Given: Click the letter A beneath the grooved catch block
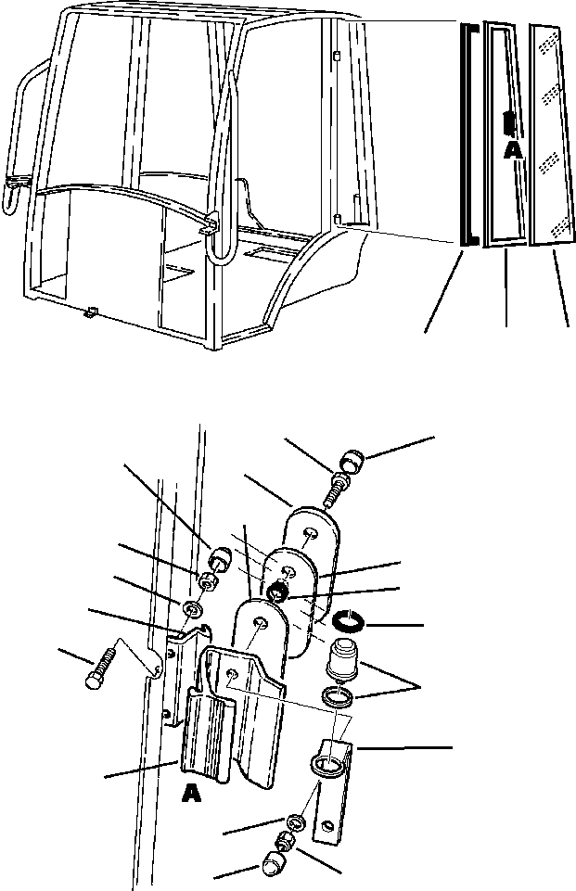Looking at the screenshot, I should (191, 795).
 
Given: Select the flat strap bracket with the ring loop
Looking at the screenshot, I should (329, 788).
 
